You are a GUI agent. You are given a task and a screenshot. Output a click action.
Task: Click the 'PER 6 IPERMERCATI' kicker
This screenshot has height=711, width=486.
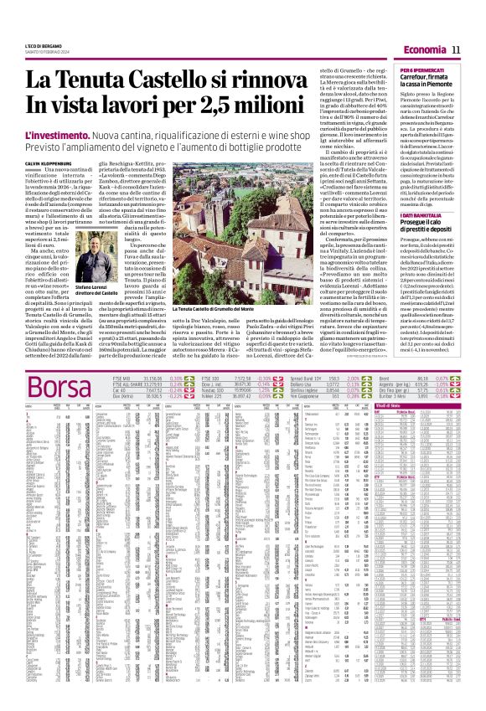tap(404, 68)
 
